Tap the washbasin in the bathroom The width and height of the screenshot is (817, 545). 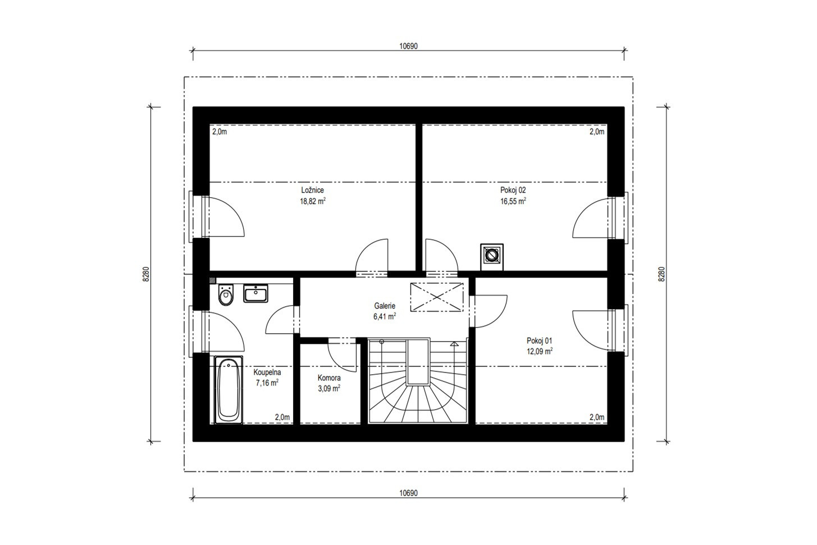pyautogui.click(x=255, y=293)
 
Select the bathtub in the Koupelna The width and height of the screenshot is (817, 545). pyautogui.click(x=229, y=389)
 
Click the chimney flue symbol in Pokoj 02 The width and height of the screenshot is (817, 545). pyautogui.click(x=492, y=257)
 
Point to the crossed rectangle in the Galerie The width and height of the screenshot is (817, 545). pyautogui.click(x=437, y=297)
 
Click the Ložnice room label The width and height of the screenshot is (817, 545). pyautogui.click(x=313, y=190)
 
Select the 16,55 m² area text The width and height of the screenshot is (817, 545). pyautogui.click(x=513, y=201)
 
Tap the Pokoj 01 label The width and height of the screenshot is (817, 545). pyautogui.click(x=540, y=340)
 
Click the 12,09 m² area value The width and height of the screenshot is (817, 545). pyautogui.click(x=540, y=352)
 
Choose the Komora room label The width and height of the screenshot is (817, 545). pyautogui.click(x=329, y=378)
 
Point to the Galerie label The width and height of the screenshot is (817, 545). pyautogui.click(x=385, y=306)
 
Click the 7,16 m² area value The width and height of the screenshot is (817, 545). pyautogui.click(x=267, y=383)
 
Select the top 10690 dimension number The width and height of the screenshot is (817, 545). pyautogui.click(x=409, y=46)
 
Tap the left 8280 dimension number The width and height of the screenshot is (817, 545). pyautogui.click(x=146, y=274)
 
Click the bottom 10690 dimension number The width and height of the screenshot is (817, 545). pyautogui.click(x=409, y=493)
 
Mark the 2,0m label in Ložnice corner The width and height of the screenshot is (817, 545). pyautogui.click(x=220, y=132)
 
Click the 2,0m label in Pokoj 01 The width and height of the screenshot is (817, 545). pyautogui.click(x=597, y=417)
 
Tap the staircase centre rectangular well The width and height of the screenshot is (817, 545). pyautogui.click(x=418, y=361)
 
